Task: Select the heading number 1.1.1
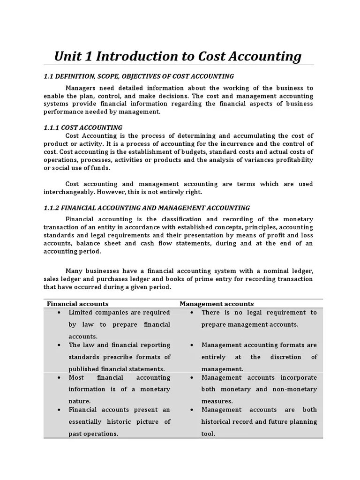point(51,127)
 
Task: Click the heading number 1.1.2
point(51,208)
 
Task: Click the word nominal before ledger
point(270,271)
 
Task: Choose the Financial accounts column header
point(77,304)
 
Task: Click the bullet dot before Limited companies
point(58,313)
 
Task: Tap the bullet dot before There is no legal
point(193,313)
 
